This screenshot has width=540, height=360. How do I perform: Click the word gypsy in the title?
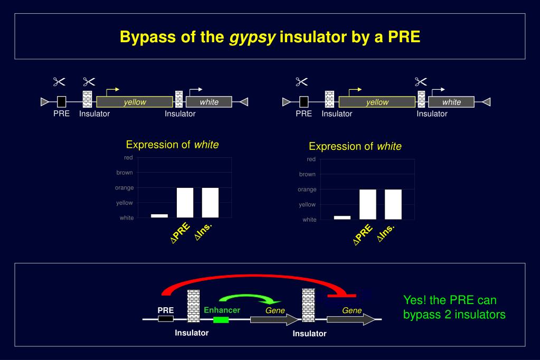click(x=252, y=37)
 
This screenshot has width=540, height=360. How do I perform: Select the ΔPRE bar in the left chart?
click(x=185, y=203)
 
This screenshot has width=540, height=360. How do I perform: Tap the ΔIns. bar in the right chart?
click(x=393, y=204)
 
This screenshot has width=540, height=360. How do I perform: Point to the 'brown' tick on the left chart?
click(x=125, y=173)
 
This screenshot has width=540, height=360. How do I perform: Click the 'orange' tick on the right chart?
click(x=307, y=190)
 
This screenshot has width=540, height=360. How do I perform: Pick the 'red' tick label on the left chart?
click(x=128, y=158)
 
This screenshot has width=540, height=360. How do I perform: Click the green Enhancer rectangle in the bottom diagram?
click(x=221, y=320)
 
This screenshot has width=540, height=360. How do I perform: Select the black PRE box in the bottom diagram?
click(x=166, y=319)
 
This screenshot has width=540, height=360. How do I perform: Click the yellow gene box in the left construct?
click(x=135, y=102)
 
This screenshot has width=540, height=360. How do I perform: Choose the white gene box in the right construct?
click(x=451, y=102)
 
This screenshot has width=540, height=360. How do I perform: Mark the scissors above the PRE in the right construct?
click(x=301, y=81)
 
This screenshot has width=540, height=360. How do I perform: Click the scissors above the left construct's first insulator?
click(x=89, y=81)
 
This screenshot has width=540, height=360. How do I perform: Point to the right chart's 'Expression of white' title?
click(x=355, y=146)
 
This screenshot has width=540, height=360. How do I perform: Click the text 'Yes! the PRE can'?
click(x=450, y=300)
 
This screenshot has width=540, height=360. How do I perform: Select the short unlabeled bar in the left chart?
click(x=159, y=215)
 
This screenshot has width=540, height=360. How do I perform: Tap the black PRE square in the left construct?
click(x=62, y=102)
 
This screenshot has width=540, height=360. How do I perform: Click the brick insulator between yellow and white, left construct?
click(x=179, y=100)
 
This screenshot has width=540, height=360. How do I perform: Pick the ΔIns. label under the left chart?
click(x=203, y=231)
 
